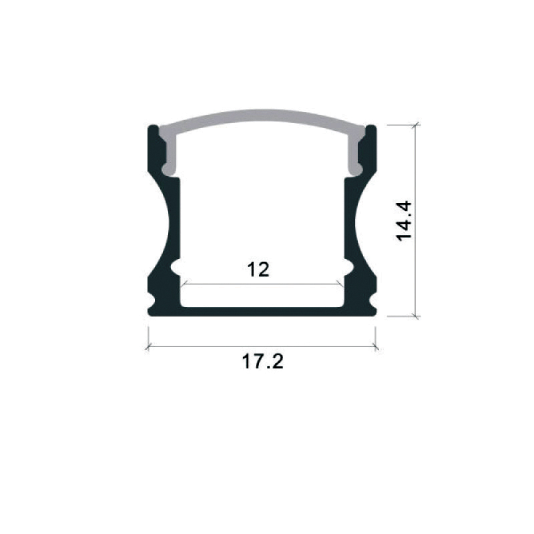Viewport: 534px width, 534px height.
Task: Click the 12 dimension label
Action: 258,269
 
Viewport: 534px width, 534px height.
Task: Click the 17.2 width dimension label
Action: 262,361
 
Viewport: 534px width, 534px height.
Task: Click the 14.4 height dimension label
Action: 405,221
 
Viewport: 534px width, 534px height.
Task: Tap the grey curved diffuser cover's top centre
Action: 262,115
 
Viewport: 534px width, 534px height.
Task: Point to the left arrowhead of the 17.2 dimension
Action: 148,347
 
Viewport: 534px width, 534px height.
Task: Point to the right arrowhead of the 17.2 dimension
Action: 375,347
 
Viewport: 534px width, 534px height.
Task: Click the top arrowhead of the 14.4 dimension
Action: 415,125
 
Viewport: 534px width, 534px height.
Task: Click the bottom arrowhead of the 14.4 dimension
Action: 415,316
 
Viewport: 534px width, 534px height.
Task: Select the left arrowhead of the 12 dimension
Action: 184,283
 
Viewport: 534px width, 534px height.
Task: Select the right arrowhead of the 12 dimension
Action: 340,283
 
